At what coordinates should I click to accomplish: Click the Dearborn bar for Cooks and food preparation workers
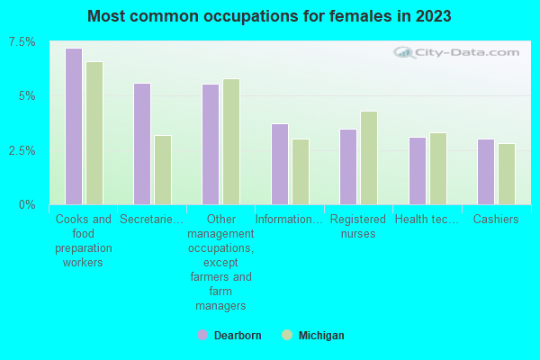point(74,126)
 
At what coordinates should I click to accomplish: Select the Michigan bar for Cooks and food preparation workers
point(94,133)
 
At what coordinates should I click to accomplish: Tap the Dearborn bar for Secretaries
point(142,144)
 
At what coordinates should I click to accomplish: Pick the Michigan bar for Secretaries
point(163,170)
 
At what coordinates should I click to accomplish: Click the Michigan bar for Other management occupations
point(231,141)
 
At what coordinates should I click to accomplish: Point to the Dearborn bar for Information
point(280,164)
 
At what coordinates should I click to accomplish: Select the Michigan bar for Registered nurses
point(369,157)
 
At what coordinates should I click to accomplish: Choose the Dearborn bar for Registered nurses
point(348,166)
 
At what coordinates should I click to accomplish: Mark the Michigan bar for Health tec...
point(438,168)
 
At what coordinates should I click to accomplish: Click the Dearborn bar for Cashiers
point(486,172)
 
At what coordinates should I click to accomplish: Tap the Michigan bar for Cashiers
point(507,174)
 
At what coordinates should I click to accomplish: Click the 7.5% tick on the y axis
point(23,42)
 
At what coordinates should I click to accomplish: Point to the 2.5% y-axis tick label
point(23,150)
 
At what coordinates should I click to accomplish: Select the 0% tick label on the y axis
point(29,204)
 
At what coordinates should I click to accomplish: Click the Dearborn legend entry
point(229,336)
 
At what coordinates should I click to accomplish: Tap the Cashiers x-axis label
point(496,219)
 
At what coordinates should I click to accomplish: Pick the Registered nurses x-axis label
point(358,226)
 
